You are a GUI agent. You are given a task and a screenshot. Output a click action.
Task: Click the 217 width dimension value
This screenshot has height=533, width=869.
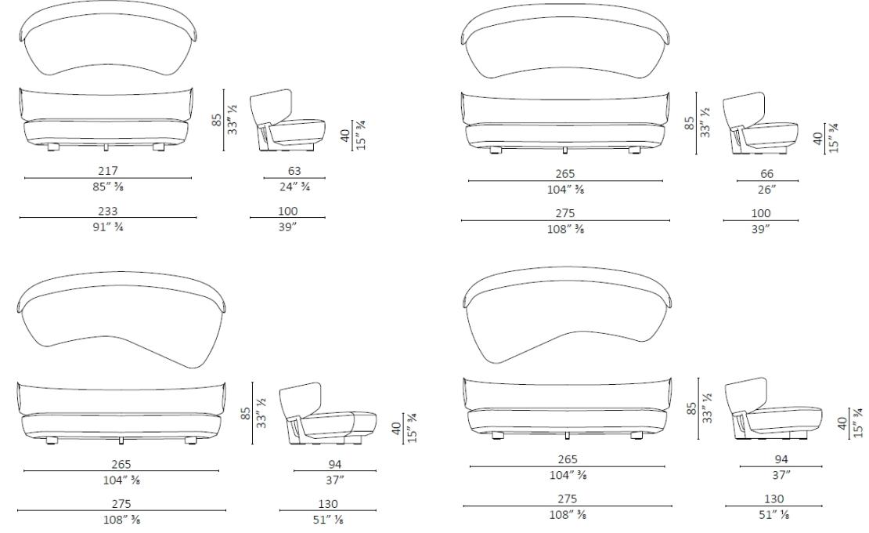(108, 170)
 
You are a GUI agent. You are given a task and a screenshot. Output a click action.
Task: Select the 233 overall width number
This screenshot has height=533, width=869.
(108, 210)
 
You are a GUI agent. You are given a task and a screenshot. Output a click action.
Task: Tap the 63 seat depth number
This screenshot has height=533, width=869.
(294, 170)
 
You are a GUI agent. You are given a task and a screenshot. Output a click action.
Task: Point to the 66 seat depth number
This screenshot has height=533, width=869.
(767, 173)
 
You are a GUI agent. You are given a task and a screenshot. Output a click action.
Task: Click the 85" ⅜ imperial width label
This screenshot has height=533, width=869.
(108, 187)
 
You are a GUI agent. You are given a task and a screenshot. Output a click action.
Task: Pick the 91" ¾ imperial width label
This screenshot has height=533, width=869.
(108, 227)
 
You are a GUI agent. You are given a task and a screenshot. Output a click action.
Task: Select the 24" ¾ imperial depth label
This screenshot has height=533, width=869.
(294, 187)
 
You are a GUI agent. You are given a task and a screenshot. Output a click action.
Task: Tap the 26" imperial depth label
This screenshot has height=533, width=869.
(767, 189)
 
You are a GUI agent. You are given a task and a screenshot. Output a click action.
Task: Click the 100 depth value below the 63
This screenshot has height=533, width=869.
(287, 210)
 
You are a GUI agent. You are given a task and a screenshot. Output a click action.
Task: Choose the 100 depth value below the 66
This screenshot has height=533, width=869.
(761, 212)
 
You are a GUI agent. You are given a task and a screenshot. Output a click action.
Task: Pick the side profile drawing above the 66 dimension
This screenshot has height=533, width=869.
(759, 125)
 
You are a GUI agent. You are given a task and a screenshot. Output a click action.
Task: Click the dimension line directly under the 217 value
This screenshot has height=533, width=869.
(108, 178)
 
